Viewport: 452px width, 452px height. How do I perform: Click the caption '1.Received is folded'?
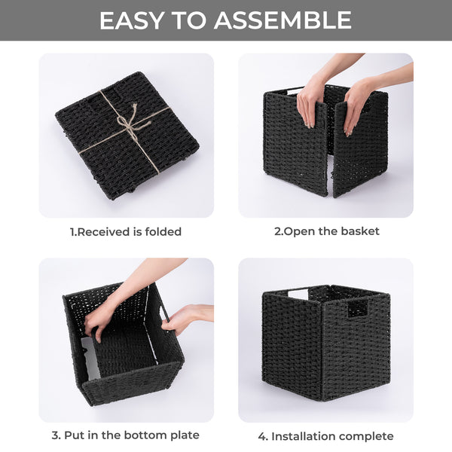pos(126,231)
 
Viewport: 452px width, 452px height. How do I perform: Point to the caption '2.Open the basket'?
pos(326,231)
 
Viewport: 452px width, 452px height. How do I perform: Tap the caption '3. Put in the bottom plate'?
pos(126,435)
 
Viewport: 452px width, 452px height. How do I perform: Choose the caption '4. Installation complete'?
pos(326,435)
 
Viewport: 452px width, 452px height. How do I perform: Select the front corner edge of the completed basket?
pos(322,347)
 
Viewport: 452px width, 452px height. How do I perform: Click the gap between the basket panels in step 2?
pos(330,166)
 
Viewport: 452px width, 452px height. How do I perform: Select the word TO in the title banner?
pos(194,20)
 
